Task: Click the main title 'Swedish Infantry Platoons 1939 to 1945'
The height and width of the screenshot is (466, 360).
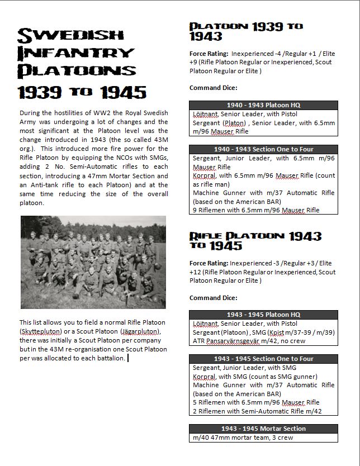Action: tap(82, 61)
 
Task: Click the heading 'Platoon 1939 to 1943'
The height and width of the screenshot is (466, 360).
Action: tap(246, 31)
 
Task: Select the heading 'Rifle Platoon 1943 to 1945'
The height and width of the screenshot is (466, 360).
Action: tap(246, 240)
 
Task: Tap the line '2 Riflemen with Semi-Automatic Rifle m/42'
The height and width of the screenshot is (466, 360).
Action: tap(257, 411)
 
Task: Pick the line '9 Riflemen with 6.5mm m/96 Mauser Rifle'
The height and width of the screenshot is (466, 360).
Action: tap(256, 210)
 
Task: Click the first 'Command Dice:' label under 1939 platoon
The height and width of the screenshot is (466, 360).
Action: tap(214, 88)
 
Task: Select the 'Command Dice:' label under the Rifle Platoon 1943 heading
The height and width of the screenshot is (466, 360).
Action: tap(214, 298)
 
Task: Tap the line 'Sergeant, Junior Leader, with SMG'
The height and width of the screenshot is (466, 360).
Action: tap(244, 368)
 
